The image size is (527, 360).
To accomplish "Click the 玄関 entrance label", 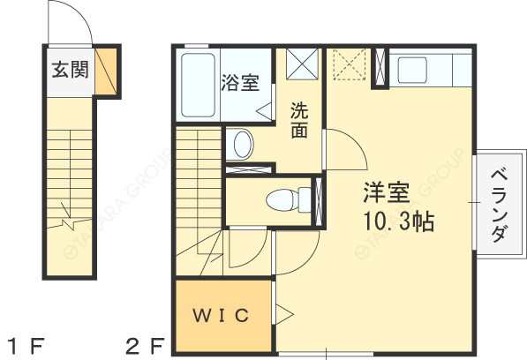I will coord(68,70).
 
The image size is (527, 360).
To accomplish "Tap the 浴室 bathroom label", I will coord(240,84).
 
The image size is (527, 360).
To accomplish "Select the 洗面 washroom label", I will coord(300,121).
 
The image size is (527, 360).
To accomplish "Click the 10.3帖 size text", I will coord(396,221).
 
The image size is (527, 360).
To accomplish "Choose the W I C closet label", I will coord(221,315).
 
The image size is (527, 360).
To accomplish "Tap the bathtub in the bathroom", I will coord(199,86).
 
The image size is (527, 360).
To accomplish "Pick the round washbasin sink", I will coord(242,143).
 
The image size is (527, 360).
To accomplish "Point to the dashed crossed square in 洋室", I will coord(348,65).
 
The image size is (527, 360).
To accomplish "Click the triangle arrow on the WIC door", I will coord(284,313).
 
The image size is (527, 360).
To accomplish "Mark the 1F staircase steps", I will coord(68,176).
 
